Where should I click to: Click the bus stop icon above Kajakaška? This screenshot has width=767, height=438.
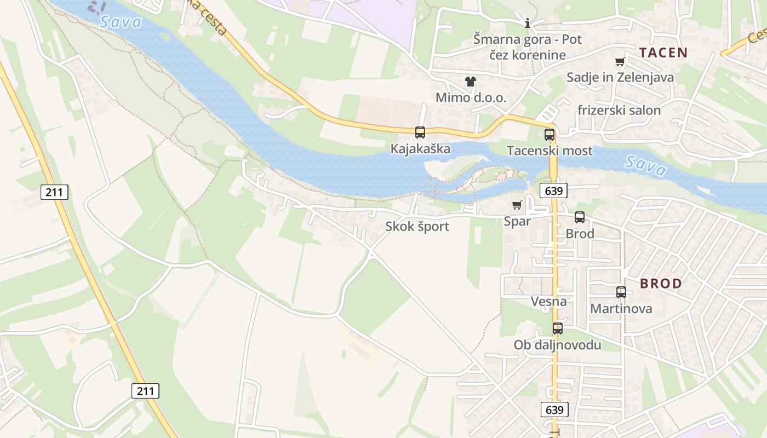420,132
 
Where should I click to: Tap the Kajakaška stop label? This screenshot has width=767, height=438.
420,148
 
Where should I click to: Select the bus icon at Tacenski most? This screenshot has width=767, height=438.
550,135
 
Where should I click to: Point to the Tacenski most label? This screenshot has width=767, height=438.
550,151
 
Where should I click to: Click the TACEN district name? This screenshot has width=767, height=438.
663,53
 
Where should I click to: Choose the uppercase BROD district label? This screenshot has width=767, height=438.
661,284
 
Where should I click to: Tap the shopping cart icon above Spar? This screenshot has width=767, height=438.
517,205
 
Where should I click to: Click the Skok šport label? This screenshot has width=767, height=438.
417,226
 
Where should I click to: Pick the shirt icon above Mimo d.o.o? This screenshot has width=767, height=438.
471,82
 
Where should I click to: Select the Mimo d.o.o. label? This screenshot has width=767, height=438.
471,97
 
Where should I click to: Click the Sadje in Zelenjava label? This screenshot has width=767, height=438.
620,77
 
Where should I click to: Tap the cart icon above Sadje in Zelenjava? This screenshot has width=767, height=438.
620,62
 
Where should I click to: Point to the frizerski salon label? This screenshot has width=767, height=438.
619,110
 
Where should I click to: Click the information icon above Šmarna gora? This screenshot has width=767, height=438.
528,23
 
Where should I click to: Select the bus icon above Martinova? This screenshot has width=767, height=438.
621,292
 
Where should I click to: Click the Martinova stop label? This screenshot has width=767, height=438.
621,308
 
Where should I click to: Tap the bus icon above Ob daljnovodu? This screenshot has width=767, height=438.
558,328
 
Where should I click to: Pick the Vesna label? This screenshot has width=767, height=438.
548,301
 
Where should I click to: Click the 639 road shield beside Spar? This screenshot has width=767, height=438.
553,191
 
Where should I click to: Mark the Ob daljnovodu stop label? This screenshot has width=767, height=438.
557,345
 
